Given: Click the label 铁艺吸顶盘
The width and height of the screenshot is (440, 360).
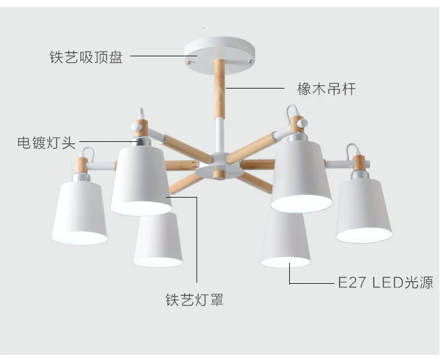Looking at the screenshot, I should (86, 57).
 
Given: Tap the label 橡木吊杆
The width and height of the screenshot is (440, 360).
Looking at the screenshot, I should (327, 89).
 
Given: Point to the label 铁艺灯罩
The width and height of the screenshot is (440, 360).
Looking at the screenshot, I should (194, 301).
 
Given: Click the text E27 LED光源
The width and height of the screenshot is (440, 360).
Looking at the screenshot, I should (385, 283).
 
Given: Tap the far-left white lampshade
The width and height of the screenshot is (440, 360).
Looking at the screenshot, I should (79, 211).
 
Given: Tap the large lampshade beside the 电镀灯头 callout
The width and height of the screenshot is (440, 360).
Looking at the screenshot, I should (142, 179).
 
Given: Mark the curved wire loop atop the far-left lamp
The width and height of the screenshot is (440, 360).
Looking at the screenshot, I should (88, 154).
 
